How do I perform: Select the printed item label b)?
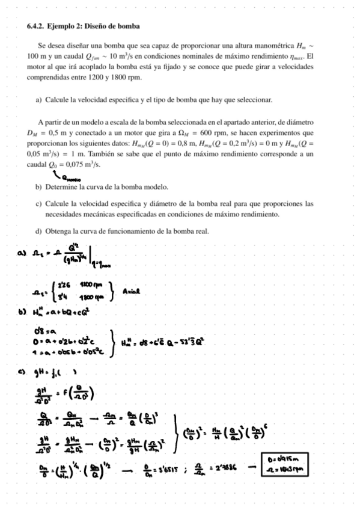(x=39, y=187)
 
